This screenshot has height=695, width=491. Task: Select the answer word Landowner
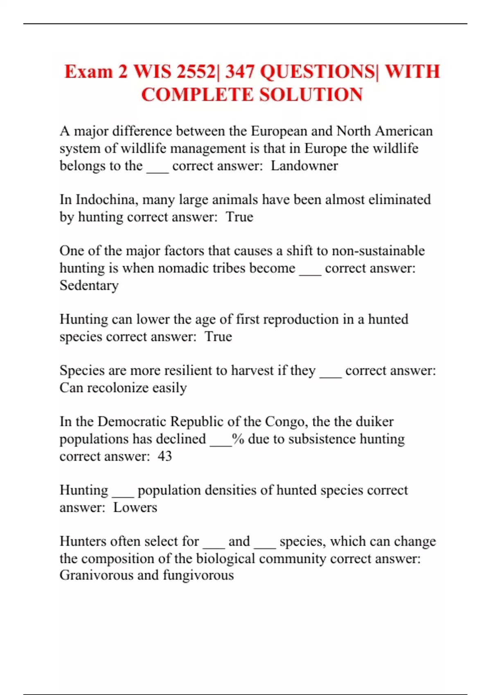pyautogui.click(x=304, y=166)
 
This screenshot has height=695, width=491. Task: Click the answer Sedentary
pyautogui.click(x=89, y=285)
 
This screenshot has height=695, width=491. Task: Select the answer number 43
pyautogui.click(x=165, y=456)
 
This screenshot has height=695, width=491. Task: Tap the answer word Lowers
pyautogui.click(x=135, y=507)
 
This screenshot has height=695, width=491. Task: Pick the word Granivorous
pyautogui.click(x=96, y=575)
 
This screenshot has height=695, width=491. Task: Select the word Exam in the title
pyautogui.click(x=88, y=72)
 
